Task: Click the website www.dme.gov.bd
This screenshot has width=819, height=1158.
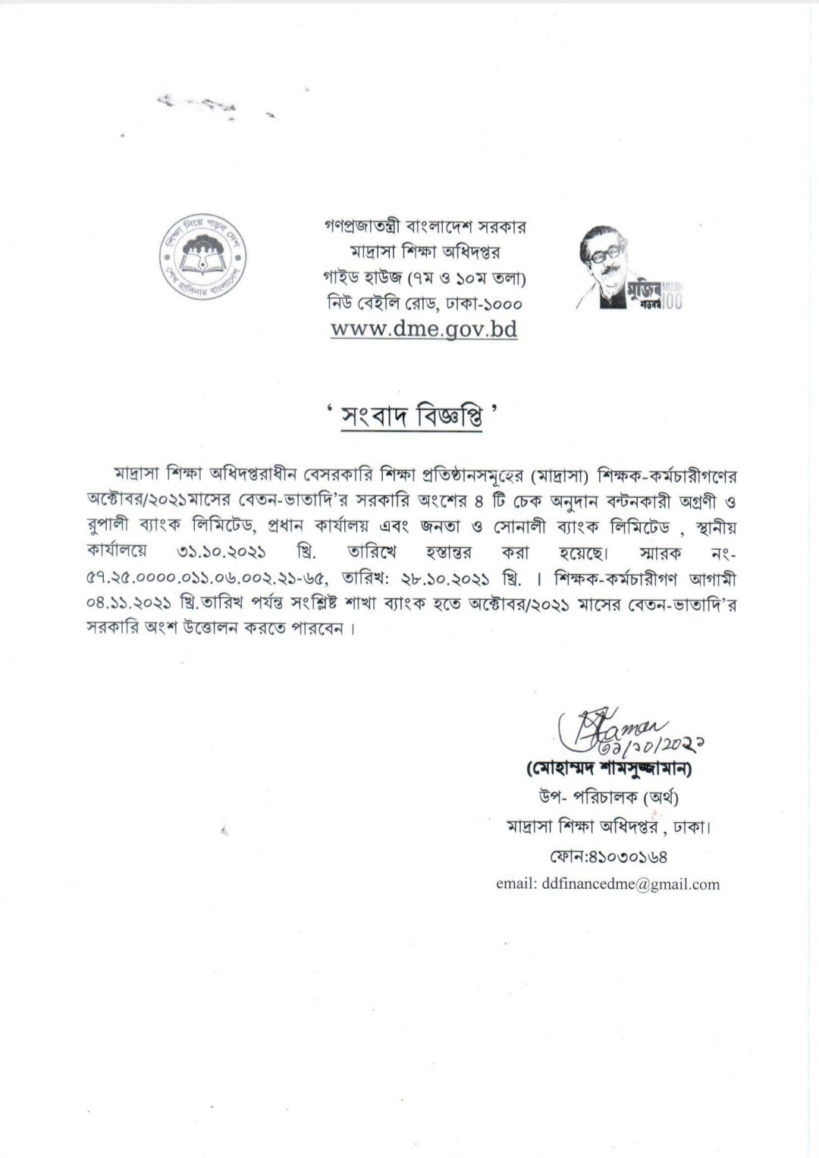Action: [x=424, y=330]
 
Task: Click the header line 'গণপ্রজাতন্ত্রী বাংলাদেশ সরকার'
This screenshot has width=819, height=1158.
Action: [x=424, y=227]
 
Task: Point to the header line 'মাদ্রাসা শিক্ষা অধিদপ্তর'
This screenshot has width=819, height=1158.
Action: [x=424, y=252]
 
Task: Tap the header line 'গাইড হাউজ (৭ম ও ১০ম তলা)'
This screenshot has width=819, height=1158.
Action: [x=424, y=278]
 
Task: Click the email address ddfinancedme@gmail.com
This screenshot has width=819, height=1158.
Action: [x=608, y=884]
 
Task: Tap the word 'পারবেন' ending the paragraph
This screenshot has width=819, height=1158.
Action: [x=318, y=629]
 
